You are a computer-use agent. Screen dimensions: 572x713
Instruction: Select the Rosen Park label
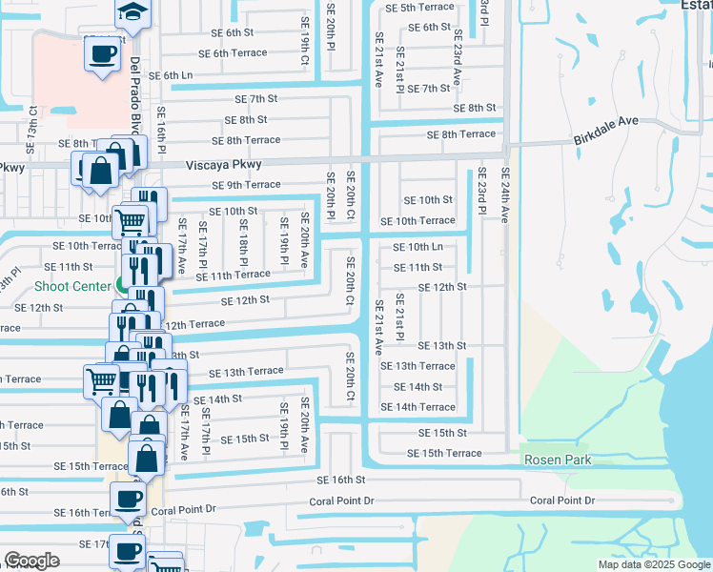pyautogui.click(x=557, y=460)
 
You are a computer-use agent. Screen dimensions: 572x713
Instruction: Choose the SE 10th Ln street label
pyautogui.click(x=418, y=247)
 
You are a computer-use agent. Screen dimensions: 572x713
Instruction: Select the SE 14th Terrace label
pyautogui.click(x=418, y=407)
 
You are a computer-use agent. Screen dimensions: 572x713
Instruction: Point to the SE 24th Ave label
pyautogui.click(x=505, y=195)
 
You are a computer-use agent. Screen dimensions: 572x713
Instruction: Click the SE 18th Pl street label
pyautogui.click(x=244, y=242)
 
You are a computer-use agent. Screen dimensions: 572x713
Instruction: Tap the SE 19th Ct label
pyautogui.click(x=305, y=46)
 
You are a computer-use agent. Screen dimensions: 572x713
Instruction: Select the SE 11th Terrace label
pyautogui.click(x=234, y=275)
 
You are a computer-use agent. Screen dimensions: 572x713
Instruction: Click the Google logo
pyautogui.click(x=32, y=561)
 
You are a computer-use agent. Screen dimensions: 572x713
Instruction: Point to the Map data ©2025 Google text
pyautogui.click(x=654, y=564)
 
